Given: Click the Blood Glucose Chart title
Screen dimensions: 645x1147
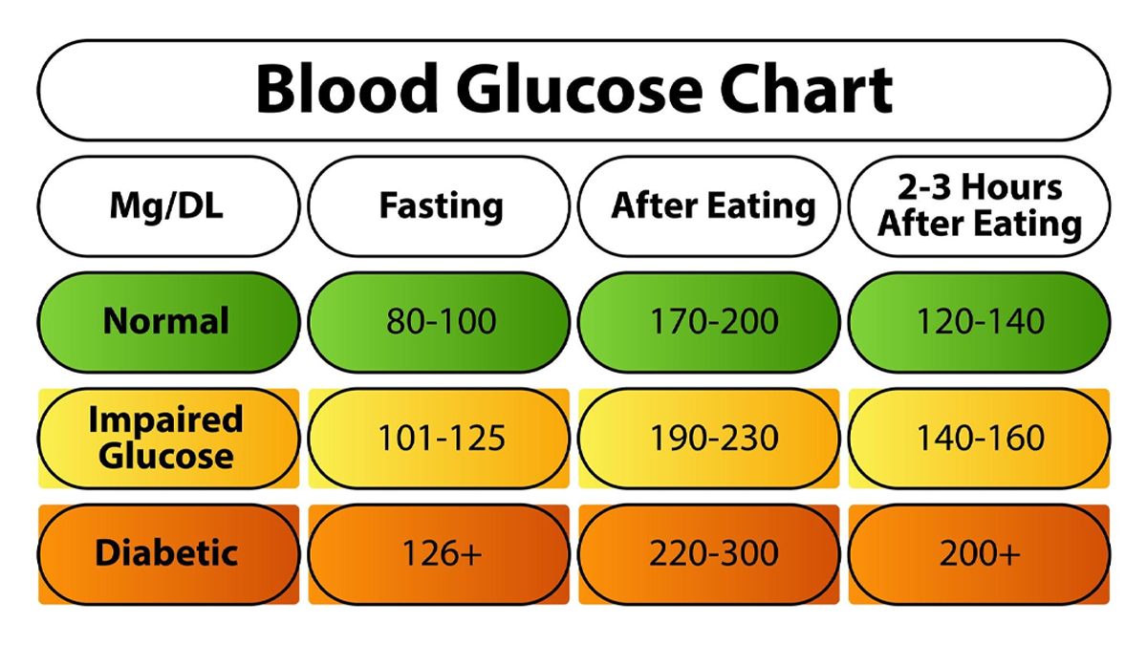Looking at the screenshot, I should tap(573, 90).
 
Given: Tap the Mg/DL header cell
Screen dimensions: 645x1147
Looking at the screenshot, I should tap(168, 205).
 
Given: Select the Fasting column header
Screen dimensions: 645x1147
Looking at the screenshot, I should tap(441, 205).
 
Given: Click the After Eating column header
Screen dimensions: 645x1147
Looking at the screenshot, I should tap(713, 205).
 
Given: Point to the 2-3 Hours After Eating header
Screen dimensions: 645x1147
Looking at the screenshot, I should tap(980, 205).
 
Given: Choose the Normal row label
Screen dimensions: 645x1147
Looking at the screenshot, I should tap(168, 321).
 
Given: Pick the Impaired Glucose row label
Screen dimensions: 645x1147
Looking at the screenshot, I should tap(168, 438).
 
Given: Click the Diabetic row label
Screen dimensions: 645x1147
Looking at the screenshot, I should tap(168, 553).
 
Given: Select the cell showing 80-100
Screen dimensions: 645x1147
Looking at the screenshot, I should tap(441, 321).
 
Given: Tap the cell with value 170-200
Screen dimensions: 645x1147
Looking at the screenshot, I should tap(713, 321).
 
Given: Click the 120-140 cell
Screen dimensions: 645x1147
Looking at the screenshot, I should tap(980, 321).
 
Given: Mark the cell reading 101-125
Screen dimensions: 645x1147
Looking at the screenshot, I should tap(441, 438).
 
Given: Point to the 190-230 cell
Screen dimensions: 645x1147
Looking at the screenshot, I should tap(713, 438).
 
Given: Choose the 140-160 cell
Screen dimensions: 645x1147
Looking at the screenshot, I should tap(980, 438).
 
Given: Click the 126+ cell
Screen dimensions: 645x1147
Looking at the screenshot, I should tap(441, 553).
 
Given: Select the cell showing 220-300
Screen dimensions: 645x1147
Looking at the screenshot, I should tap(713, 553).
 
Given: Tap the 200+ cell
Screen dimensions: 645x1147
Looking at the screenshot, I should tap(980, 553).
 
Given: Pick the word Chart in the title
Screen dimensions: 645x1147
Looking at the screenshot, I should tap(807, 90).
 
